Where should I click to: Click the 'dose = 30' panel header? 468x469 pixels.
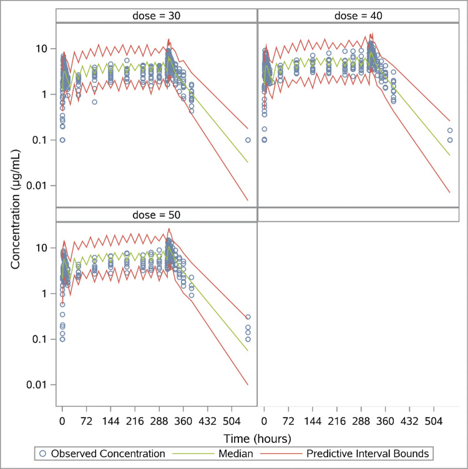pyautogui.click(x=157, y=16)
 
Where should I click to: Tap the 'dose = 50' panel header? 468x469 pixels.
pyautogui.click(x=157, y=215)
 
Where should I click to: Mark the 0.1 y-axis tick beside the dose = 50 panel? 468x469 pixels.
pyautogui.click(x=43, y=338)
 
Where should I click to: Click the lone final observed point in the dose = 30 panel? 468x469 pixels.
pyautogui.click(x=248, y=140)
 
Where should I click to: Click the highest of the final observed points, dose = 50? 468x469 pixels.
pyautogui.click(x=248, y=317)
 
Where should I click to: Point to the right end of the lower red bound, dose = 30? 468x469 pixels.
pyautogui.click(x=248, y=200)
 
